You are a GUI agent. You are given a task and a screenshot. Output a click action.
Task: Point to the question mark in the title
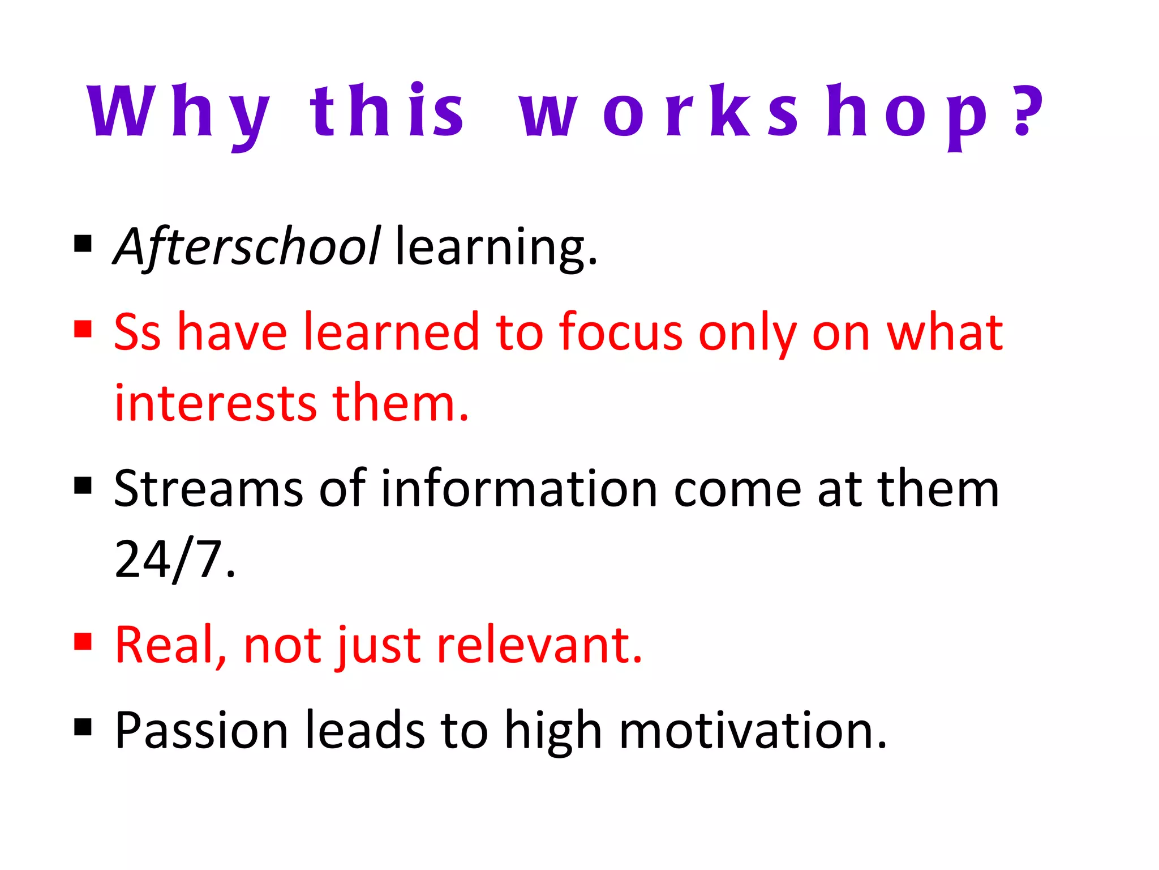1027,110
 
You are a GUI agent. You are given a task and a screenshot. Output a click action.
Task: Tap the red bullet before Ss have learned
83,329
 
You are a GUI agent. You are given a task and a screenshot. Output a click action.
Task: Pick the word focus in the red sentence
620,333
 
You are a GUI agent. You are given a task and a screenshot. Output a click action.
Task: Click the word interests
215,403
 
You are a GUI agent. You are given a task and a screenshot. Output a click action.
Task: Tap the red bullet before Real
83,642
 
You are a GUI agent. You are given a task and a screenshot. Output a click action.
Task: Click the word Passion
201,731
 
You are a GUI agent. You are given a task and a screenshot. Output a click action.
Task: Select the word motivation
753,731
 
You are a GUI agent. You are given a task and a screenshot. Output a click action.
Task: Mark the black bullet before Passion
83,727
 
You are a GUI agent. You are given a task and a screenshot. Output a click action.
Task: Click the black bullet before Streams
83,485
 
